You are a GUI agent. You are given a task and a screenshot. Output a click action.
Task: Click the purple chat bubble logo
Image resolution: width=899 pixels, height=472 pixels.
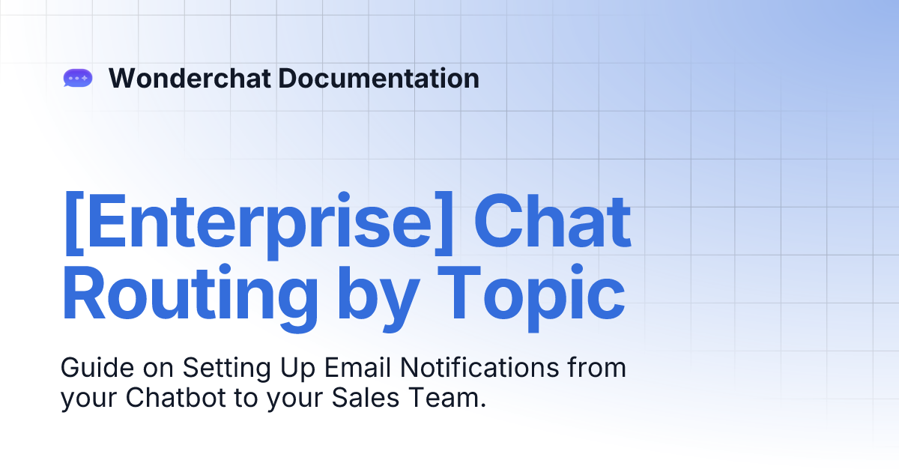coord(78,78)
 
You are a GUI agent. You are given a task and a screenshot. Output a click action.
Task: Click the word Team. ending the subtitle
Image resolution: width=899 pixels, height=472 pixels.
coord(445,398)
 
